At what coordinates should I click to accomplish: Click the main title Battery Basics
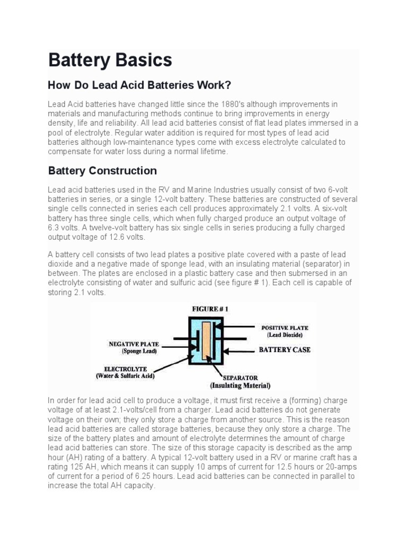point(110,60)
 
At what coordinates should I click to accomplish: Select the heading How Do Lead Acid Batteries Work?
point(140,85)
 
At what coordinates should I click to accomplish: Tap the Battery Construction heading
point(102,171)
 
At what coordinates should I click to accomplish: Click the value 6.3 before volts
point(54,228)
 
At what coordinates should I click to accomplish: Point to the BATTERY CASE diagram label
point(285,350)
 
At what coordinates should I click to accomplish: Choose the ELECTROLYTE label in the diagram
point(125,369)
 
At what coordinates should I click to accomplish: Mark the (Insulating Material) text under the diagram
point(240,386)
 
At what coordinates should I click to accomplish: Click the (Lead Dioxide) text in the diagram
point(285,335)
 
